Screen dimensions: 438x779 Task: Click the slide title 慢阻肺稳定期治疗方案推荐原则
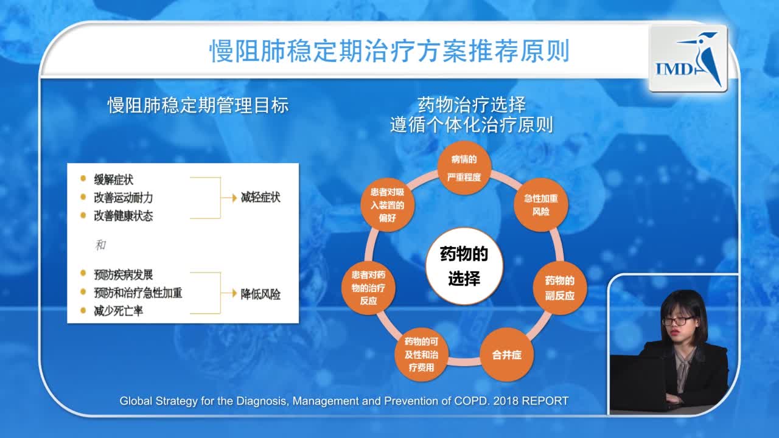point(389,52)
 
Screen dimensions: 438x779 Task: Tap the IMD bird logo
point(688,58)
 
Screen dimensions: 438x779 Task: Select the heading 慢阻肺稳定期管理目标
point(198,106)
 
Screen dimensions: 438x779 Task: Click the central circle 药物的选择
point(464,266)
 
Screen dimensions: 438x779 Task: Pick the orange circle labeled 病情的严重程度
point(464,169)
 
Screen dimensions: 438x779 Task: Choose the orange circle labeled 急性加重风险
point(540,205)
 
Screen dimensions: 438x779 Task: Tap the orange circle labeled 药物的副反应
point(559,288)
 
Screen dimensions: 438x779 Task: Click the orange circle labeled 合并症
point(506,355)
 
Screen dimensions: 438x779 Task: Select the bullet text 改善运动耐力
point(124,198)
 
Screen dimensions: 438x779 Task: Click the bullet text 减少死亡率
point(119,311)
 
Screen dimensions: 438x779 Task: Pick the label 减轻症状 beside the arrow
point(260,197)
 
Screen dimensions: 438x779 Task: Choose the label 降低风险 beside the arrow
point(260,294)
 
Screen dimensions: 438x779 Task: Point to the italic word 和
point(100,245)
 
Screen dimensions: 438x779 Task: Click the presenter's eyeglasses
point(677,320)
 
